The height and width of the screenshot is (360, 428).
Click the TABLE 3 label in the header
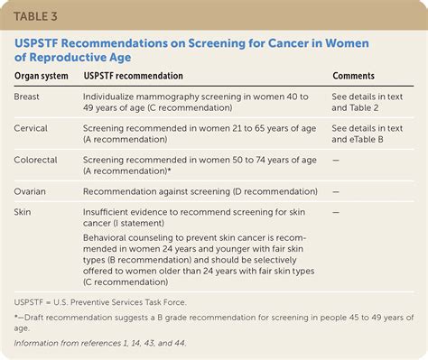coord(42,16)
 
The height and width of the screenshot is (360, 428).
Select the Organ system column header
coord(42,77)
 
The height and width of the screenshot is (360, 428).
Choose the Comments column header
coord(354,77)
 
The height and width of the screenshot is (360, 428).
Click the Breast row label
coord(28,95)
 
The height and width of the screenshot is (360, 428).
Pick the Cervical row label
coord(33,129)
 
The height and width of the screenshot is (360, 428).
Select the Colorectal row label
coord(37,161)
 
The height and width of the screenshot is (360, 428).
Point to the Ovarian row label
coord(32,191)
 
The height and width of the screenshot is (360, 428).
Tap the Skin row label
coord(24,211)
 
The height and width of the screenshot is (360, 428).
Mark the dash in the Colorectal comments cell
coord(336,161)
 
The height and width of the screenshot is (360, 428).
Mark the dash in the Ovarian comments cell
coord(336,191)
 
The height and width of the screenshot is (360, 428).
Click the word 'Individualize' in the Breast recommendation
coord(116,95)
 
